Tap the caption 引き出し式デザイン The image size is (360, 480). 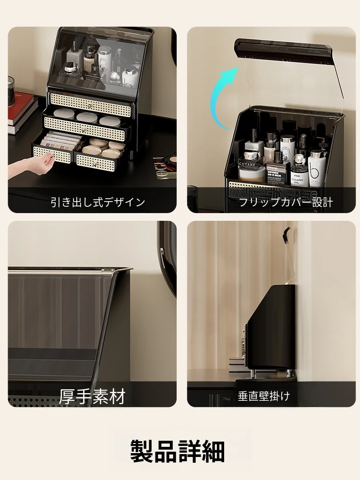click(x=97, y=202)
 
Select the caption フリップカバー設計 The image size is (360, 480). click(x=286, y=203)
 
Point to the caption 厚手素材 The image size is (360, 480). click(x=92, y=396)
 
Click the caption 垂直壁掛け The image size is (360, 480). click(x=264, y=396)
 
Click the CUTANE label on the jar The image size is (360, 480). click(x=247, y=164)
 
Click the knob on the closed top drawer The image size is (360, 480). click(x=89, y=106)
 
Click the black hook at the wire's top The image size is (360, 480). click(x=287, y=235)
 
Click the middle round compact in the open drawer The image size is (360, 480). click(x=87, y=117)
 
